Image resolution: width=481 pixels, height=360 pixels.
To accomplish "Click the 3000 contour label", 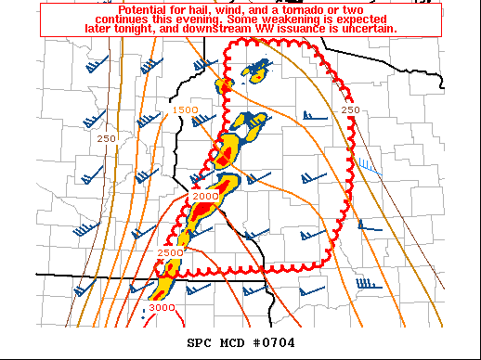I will click(x=162, y=307).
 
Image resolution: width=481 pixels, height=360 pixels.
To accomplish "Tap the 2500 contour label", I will click(x=170, y=252).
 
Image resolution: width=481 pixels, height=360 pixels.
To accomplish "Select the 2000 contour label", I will click(x=205, y=196).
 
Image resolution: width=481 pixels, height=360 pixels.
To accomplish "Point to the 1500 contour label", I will click(x=186, y=110).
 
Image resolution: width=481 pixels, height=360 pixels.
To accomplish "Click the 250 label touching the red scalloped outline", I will click(x=350, y=110).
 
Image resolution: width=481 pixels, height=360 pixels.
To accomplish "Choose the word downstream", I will click(x=227, y=29).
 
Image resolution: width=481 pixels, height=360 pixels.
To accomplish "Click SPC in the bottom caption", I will click(x=201, y=343).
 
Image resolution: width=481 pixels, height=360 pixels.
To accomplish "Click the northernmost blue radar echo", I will click(x=255, y=70).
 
